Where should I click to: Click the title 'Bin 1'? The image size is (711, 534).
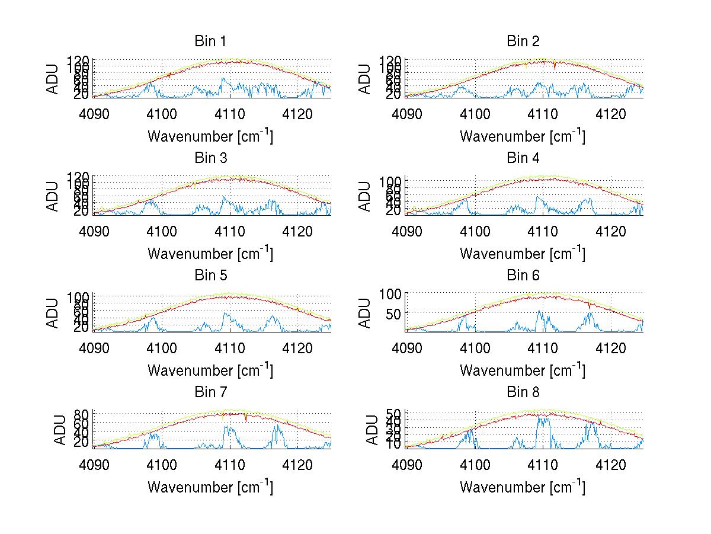(210, 41)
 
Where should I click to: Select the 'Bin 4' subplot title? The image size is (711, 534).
(523, 158)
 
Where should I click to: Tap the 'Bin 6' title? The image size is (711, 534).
(523, 276)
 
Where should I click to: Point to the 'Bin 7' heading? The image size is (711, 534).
(210, 392)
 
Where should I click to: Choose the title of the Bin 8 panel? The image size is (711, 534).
(523, 392)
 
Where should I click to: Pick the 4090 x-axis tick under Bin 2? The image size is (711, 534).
(407, 114)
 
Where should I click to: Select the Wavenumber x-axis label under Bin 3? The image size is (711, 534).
(210, 253)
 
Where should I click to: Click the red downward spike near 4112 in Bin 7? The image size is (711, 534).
(245, 419)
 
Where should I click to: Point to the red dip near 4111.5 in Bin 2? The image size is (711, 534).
(555, 67)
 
